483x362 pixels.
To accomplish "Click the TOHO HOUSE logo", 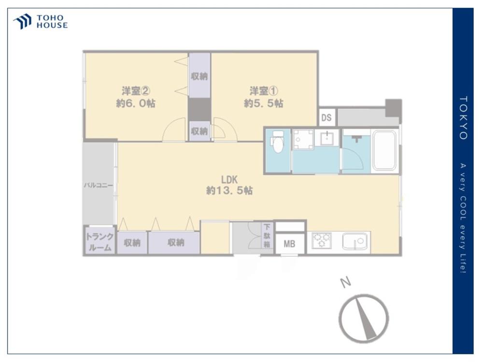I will [x=41, y=22].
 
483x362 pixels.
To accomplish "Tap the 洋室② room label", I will [x=136, y=91].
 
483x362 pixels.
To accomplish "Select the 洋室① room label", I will [x=264, y=91].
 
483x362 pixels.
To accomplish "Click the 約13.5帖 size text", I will [x=229, y=191].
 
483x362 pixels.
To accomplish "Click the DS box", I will [x=327, y=117].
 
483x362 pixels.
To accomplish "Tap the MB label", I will [x=289, y=244].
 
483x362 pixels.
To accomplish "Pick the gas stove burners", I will [x=322, y=240].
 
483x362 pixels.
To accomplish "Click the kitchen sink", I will [x=355, y=241].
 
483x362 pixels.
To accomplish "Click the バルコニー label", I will [x=99, y=185].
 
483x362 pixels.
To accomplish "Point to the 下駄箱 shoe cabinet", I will [x=267, y=236].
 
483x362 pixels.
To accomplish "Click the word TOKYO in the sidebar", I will [x=463, y=118].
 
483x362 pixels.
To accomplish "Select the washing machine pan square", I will [x=303, y=140].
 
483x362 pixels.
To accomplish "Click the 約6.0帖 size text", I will [x=136, y=103].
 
